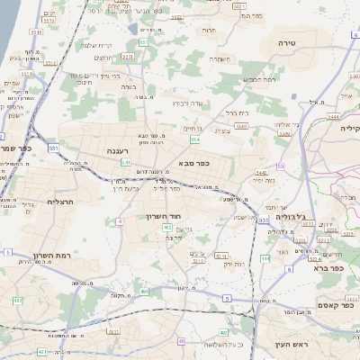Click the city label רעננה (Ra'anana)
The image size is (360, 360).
[116, 150]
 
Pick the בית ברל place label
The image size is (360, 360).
[236, 112]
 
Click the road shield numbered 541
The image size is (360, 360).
[126, 163]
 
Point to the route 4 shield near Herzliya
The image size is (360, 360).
[119, 220]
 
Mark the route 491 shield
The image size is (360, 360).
[144, 291]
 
